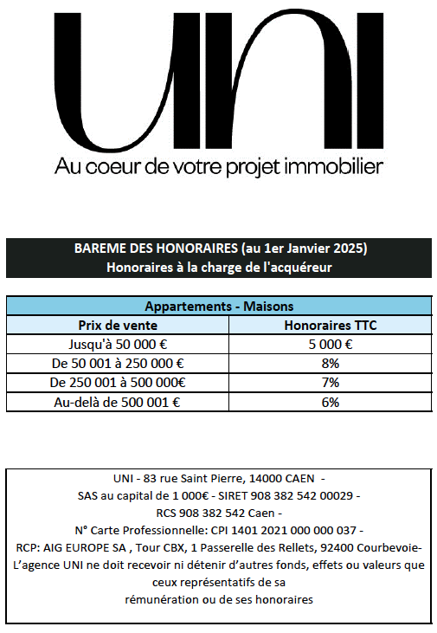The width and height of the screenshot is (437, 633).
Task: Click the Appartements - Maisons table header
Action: pyautogui.click(x=219, y=307)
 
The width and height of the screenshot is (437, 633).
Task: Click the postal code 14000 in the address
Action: pyautogui.click(x=266, y=479)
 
